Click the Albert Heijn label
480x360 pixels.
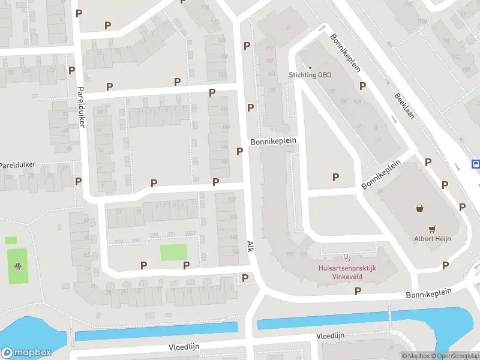(x=432, y=239)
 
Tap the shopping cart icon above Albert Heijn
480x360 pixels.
(x=432, y=229)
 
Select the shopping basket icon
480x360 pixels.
(x=419, y=208)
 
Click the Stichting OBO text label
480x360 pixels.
(x=310, y=75)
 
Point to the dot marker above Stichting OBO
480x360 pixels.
(x=310, y=67)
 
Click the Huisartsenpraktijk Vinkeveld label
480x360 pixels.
(x=346, y=273)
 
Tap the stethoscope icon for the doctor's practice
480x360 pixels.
(x=346, y=258)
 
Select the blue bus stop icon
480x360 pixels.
(x=476, y=164)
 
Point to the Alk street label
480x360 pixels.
(x=251, y=247)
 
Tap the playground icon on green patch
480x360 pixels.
(x=18, y=266)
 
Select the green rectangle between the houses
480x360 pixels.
(x=173, y=252)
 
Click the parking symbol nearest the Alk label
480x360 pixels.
(x=245, y=278)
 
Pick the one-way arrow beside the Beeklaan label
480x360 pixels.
(x=394, y=119)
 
